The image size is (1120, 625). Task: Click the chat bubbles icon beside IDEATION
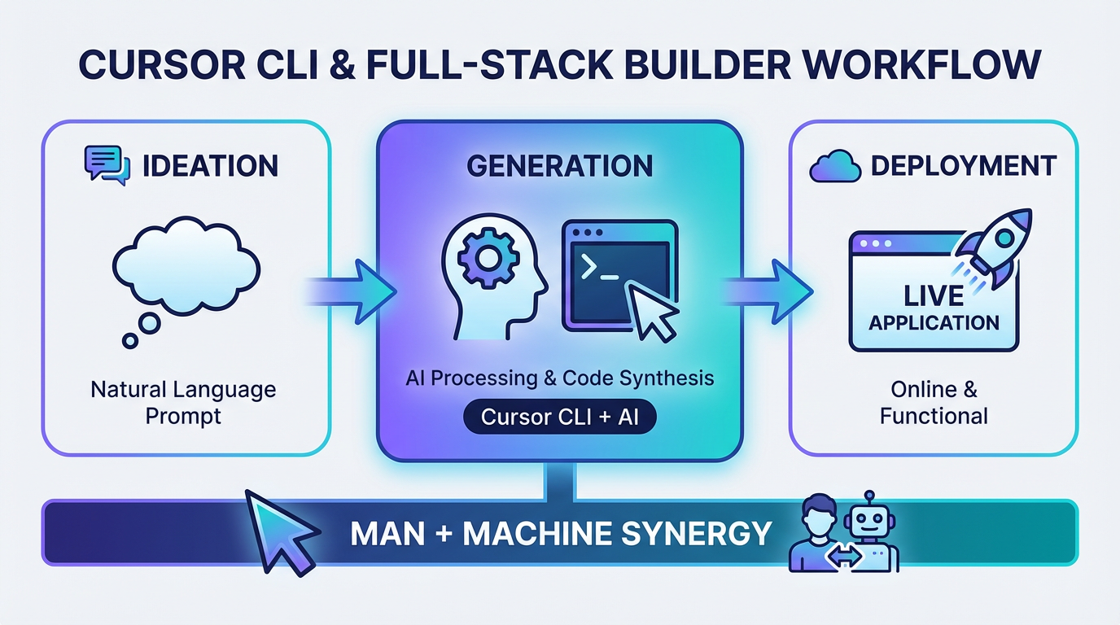[107, 165]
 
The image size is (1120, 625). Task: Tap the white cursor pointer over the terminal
[656, 317]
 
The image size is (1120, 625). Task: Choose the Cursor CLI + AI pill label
[559, 417]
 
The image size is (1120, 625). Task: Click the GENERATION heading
[560, 166]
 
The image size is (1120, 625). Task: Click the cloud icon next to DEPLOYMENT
[835, 168]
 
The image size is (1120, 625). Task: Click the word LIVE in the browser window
[933, 296]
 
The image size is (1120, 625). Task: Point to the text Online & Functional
[934, 402]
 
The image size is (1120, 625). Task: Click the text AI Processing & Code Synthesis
[559, 378]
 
